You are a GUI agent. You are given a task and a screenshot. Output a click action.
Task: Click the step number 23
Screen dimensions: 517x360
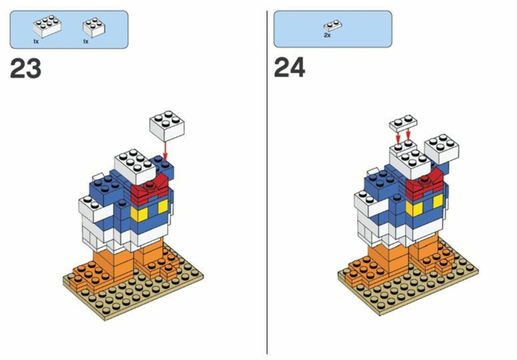(26, 68)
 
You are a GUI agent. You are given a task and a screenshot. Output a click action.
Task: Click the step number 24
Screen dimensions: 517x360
(290, 68)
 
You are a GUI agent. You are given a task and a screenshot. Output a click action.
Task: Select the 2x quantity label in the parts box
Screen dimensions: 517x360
(327, 35)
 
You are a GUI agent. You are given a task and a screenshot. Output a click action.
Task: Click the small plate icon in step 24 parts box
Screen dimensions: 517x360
(333, 25)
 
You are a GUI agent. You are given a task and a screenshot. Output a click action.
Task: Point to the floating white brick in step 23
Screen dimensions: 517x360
(167, 126)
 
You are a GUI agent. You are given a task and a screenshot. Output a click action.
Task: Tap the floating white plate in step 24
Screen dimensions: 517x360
(403, 123)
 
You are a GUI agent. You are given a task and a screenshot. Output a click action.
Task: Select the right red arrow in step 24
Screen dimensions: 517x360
(409, 135)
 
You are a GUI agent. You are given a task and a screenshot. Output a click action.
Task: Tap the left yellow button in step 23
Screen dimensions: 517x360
(139, 213)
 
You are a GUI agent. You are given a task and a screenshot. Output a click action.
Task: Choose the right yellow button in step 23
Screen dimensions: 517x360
(163, 206)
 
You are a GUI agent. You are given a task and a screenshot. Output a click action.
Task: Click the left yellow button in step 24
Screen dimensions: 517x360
(414, 208)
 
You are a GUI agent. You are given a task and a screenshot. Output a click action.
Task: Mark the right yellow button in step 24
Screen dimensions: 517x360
(438, 201)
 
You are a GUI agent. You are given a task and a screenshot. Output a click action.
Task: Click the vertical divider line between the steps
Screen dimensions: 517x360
(267, 182)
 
